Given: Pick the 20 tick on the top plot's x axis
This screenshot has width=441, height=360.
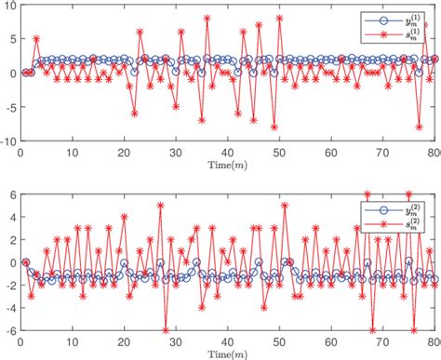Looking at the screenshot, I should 124,151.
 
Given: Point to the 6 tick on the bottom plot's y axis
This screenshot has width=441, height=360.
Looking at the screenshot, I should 12,195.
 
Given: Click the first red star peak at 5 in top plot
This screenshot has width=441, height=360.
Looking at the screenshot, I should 36,39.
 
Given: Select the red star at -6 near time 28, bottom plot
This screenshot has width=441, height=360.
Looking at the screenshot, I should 166,330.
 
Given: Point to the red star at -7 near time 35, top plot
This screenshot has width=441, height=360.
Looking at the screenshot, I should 202,120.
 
